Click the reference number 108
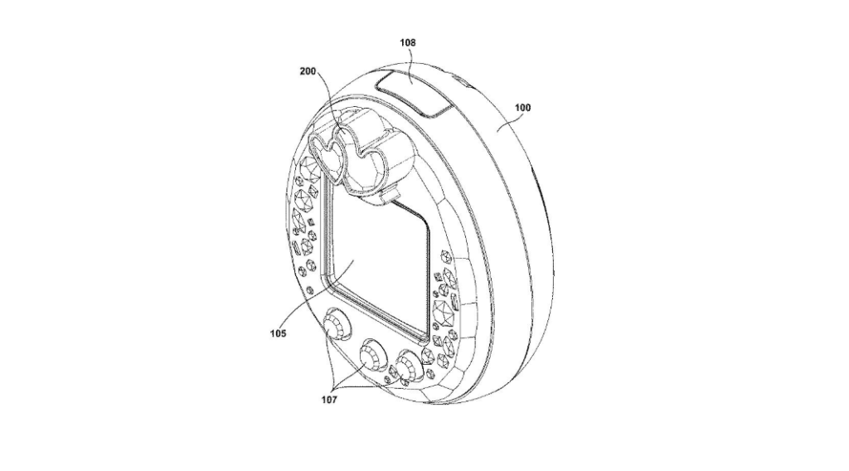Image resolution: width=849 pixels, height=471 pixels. coord(408,42)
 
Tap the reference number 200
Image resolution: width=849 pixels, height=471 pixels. coord(308,71)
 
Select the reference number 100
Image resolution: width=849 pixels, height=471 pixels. coord(522,107)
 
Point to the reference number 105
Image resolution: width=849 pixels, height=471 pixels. coord(278,333)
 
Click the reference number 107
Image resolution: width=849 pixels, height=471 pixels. coord(329,400)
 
